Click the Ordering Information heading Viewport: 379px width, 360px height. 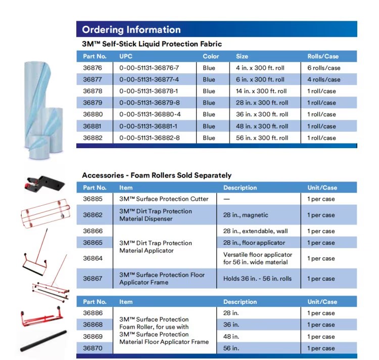tap(131, 29)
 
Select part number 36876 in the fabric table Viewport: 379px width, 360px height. tap(92, 68)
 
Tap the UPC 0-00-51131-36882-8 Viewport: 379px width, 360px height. tap(149, 138)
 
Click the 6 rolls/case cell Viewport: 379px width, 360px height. tap(324, 68)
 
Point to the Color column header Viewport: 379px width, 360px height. tap(211, 56)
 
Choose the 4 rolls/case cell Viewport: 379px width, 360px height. tap(324, 79)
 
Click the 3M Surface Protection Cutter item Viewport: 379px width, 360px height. tap(164, 199)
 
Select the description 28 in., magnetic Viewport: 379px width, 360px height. tap(246, 215)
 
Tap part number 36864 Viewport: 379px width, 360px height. tap(92, 258)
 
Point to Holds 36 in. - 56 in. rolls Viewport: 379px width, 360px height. tap(257, 279)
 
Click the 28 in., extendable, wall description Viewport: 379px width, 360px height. tap(254, 231)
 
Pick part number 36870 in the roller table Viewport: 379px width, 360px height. tap(92, 348)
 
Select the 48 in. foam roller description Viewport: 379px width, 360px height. tap(231, 337)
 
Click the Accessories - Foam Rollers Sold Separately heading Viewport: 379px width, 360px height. tap(157, 175)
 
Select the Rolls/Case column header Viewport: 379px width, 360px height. tap(323, 56)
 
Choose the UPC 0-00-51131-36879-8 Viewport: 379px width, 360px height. tap(149, 103)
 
